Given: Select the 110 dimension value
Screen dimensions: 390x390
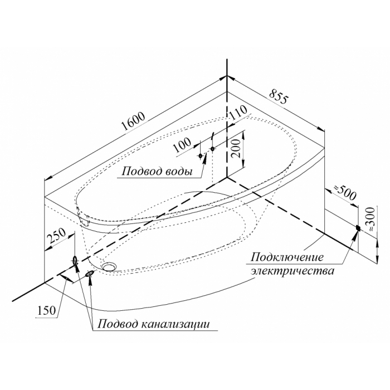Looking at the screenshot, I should coord(237,115).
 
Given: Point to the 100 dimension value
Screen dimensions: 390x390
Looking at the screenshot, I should coord(182,147).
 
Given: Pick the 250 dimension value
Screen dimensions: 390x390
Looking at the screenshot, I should coord(56,237).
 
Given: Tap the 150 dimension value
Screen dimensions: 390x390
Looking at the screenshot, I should coord(47,311).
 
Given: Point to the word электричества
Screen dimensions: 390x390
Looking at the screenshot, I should coord(292,272).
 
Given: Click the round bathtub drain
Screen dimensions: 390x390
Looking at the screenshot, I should coord(110,266).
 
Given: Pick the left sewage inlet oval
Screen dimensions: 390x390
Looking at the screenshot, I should coord(75,260).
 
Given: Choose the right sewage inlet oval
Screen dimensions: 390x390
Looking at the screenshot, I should coord(90,274).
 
